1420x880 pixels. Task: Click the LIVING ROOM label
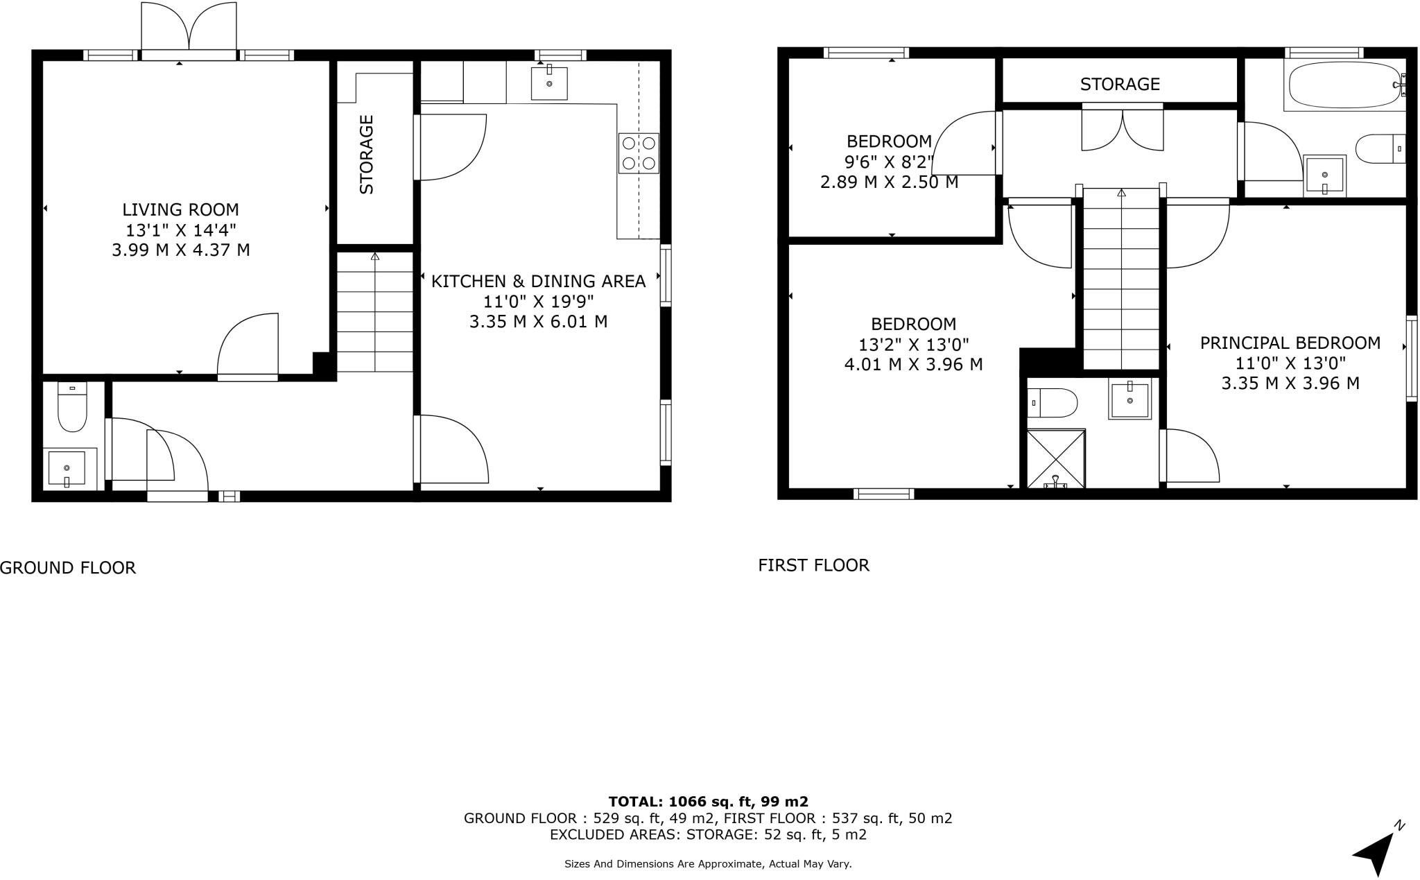180,209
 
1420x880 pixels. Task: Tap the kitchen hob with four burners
639,153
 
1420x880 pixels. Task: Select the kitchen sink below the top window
549,83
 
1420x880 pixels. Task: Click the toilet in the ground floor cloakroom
72,409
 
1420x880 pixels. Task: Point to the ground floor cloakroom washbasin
67,468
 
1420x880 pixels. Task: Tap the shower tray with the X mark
1055,458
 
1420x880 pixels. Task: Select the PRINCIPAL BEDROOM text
1290,343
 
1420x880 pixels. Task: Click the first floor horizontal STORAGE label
1120,84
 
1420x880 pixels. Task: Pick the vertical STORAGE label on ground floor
367,154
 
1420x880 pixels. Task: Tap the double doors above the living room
189,28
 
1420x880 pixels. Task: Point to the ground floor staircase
375,312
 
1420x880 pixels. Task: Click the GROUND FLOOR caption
68,568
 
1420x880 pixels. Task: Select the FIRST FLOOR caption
813,565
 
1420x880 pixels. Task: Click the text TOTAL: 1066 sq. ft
707,802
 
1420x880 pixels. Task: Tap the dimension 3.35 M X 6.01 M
538,322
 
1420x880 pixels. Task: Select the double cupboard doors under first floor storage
1123,130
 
